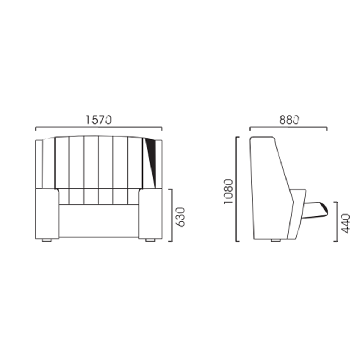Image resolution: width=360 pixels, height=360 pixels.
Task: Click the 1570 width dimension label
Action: [x=99, y=120]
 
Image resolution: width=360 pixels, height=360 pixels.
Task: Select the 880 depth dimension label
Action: [x=289, y=120]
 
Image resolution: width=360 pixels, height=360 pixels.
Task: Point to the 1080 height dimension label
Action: [x=229, y=192]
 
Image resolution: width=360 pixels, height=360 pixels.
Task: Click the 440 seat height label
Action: [x=346, y=224]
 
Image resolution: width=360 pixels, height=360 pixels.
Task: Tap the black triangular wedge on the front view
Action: [x=151, y=161]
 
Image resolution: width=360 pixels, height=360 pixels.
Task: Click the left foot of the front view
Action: [x=47, y=240]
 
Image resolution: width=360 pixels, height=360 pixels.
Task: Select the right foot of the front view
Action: [x=150, y=240]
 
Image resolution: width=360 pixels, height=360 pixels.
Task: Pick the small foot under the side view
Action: [x=276, y=240]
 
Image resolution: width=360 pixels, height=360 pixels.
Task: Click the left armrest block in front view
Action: [x=47, y=213]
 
